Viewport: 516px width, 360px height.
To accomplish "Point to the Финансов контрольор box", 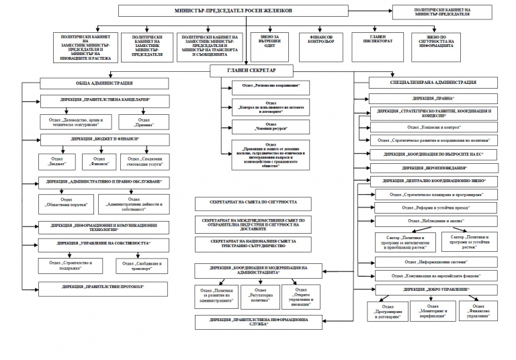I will click(321, 40).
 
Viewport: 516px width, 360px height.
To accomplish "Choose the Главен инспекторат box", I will click(378, 40).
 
